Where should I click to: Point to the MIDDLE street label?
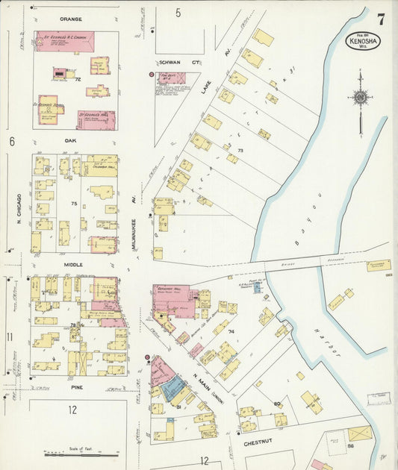tap(72, 265)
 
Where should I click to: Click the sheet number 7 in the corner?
tap(380, 20)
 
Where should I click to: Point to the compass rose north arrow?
tap(360, 97)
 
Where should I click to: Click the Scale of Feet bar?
tap(81, 454)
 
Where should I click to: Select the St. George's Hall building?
tap(96, 119)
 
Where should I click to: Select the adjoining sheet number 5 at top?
tap(178, 13)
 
